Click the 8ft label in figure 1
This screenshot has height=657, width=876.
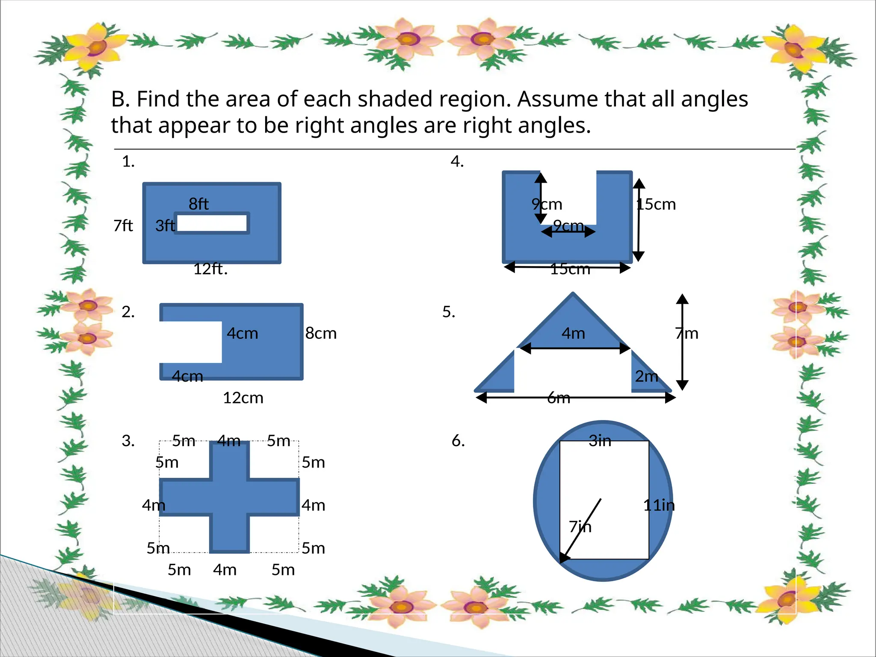[198, 204]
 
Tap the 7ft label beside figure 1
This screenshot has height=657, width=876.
[123, 225]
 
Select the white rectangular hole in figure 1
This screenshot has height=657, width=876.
[212, 223]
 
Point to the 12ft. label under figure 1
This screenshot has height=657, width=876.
[210, 269]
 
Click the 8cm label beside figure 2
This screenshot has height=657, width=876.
[321, 333]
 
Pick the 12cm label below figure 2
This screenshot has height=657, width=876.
[243, 398]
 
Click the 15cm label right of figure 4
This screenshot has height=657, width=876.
[656, 204]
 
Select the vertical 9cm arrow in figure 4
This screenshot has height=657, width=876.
[541, 198]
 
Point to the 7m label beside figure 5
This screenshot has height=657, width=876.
[687, 333]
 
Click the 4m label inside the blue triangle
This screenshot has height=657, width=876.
[573, 333]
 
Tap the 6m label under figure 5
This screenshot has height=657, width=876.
[559, 398]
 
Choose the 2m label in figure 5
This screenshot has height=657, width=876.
[646, 376]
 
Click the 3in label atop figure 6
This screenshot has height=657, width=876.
[600, 441]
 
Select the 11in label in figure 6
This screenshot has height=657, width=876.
[659, 505]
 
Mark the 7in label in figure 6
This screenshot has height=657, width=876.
[580, 527]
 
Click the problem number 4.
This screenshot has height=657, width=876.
[457, 161]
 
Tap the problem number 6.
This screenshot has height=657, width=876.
[458, 441]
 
